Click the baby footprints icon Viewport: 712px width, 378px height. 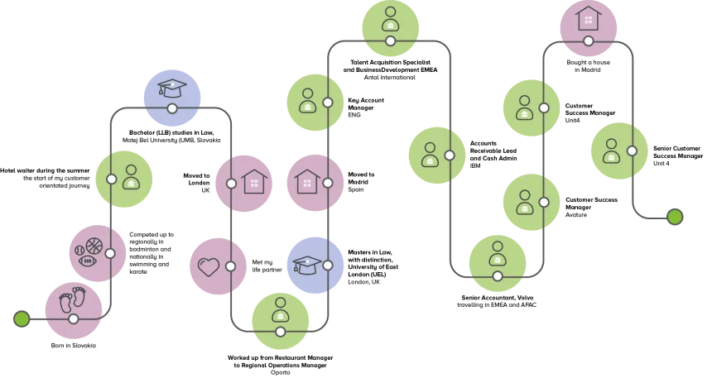72,300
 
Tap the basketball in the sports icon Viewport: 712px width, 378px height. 94,246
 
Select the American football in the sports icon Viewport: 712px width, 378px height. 87,261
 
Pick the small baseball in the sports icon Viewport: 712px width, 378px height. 79,249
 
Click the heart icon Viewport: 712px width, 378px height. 208,266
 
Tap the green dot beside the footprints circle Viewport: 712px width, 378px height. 22,318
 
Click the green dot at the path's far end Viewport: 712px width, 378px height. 675,217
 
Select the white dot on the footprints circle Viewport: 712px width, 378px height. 74,318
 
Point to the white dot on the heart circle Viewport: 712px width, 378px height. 230,266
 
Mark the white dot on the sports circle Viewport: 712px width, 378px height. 110,253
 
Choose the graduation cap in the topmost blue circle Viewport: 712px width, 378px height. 172,88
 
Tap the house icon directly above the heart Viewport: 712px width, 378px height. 254,181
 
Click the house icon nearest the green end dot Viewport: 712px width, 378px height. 588,18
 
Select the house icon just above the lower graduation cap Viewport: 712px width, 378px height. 306,181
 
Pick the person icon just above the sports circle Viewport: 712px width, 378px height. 131,177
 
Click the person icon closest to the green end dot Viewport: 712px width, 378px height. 611,151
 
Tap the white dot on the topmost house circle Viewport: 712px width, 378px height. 588,41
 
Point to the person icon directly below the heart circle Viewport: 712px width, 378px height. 280,310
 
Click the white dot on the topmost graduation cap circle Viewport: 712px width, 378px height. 172,108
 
